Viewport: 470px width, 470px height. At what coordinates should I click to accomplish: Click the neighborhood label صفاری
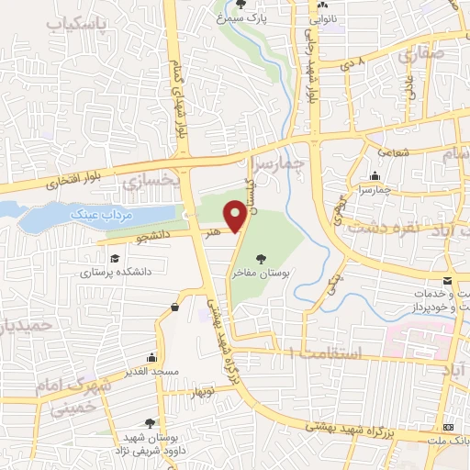420,55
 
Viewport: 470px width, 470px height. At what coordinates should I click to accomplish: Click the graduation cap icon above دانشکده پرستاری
113,259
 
